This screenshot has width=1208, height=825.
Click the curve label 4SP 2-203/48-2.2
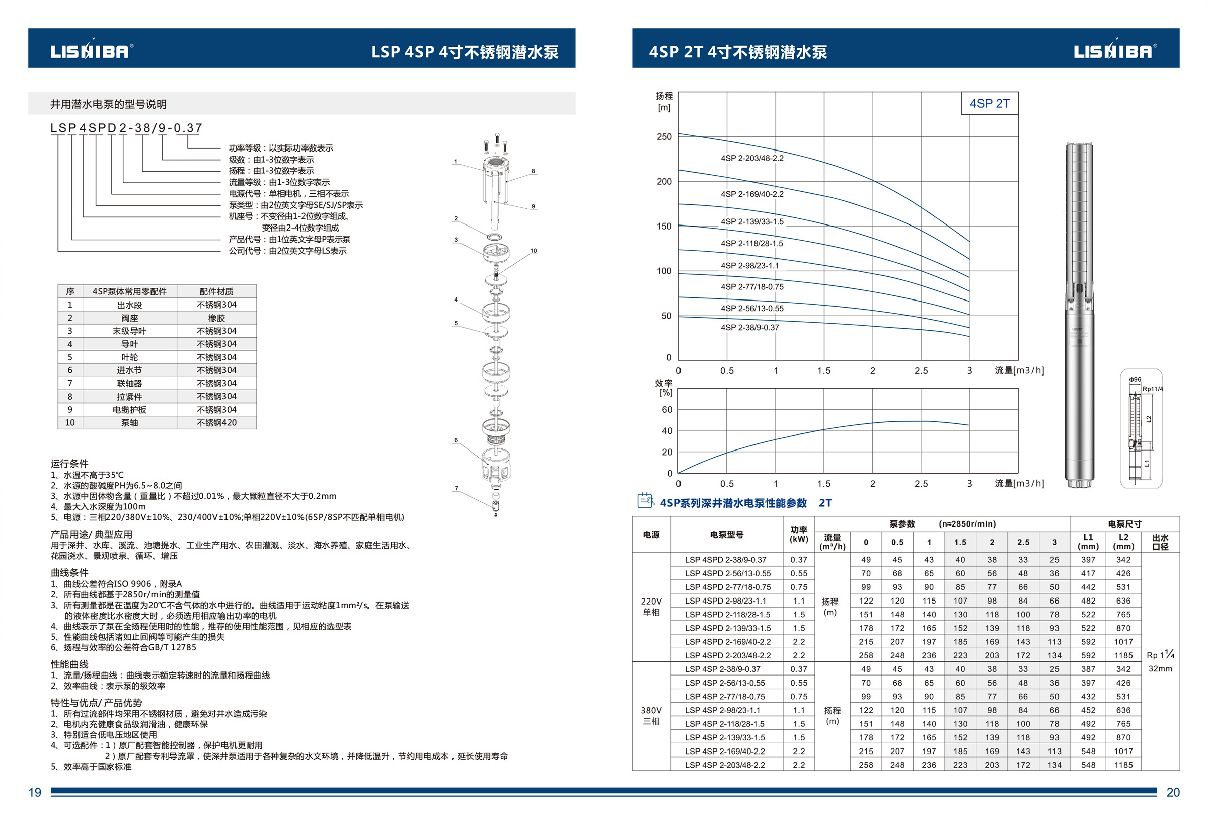(x=751, y=158)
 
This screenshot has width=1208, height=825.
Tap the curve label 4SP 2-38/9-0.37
(x=749, y=328)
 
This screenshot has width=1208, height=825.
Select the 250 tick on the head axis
(x=664, y=137)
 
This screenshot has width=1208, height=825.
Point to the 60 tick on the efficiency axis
(x=667, y=410)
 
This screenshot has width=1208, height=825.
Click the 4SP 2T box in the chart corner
(x=989, y=104)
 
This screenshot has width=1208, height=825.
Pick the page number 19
(x=35, y=792)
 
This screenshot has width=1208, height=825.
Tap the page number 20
(x=1173, y=792)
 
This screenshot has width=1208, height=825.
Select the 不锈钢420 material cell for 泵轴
(x=216, y=423)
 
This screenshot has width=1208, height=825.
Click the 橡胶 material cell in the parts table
(x=216, y=318)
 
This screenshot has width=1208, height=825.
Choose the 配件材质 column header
(x=216, y=291)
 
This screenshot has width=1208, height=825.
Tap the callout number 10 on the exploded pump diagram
(x=534, y=251)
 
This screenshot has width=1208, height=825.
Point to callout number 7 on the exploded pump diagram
(x=457, y=488)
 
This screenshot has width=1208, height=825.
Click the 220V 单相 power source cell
(x=651, y=607)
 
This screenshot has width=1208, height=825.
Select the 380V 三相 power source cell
(x=651, y=716)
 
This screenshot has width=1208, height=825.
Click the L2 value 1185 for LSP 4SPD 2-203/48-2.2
(x=1123, y=655)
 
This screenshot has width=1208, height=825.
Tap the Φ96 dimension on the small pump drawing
(x=1135, y=380)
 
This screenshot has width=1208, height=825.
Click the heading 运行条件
(x=69, y=463)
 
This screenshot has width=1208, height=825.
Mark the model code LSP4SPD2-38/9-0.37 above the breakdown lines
(x=126, y=128)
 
